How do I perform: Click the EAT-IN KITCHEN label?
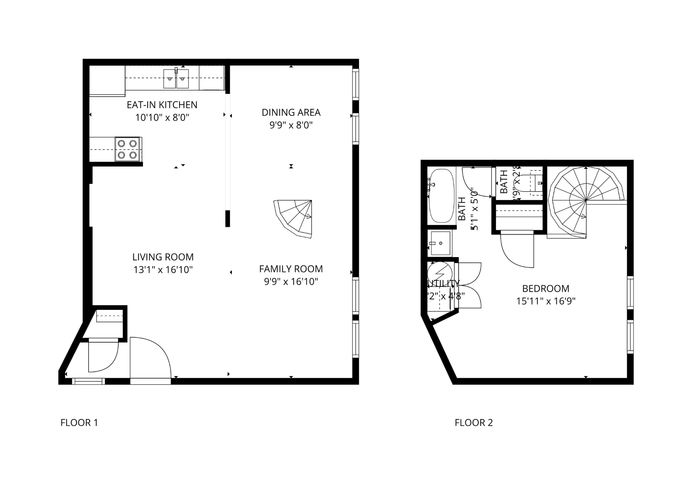(x=162, y=105)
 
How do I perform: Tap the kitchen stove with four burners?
(x=127, y=149)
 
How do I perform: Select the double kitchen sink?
(x=176, y=79)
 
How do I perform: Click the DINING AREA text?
(x=291, y=112)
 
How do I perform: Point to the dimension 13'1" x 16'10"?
(x=163, y=270)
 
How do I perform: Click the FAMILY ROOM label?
(x=291, y=269)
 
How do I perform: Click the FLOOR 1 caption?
(x=79, y=423)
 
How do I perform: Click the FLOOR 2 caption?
(x=474, y=423)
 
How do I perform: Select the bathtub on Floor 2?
(x=441, y=196)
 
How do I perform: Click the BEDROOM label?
(x=546, y=288)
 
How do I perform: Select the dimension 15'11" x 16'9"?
(x=546, y=301)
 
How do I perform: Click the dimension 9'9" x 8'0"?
(x=291, y=125)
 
